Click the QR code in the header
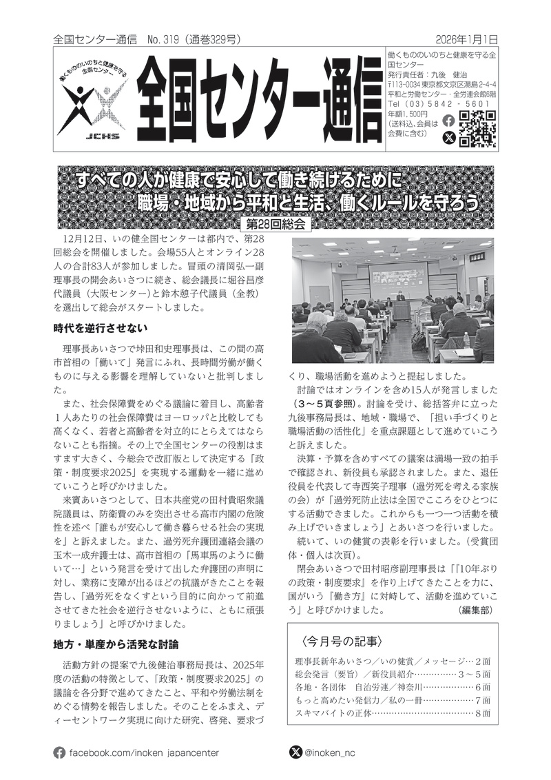click(x=477, y=129)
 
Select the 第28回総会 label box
click(x=274, y=225)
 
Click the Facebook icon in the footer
click(x=60, y=752)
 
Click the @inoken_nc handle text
click(x=333, y=752)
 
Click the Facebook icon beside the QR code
click(x=448, y=120)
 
